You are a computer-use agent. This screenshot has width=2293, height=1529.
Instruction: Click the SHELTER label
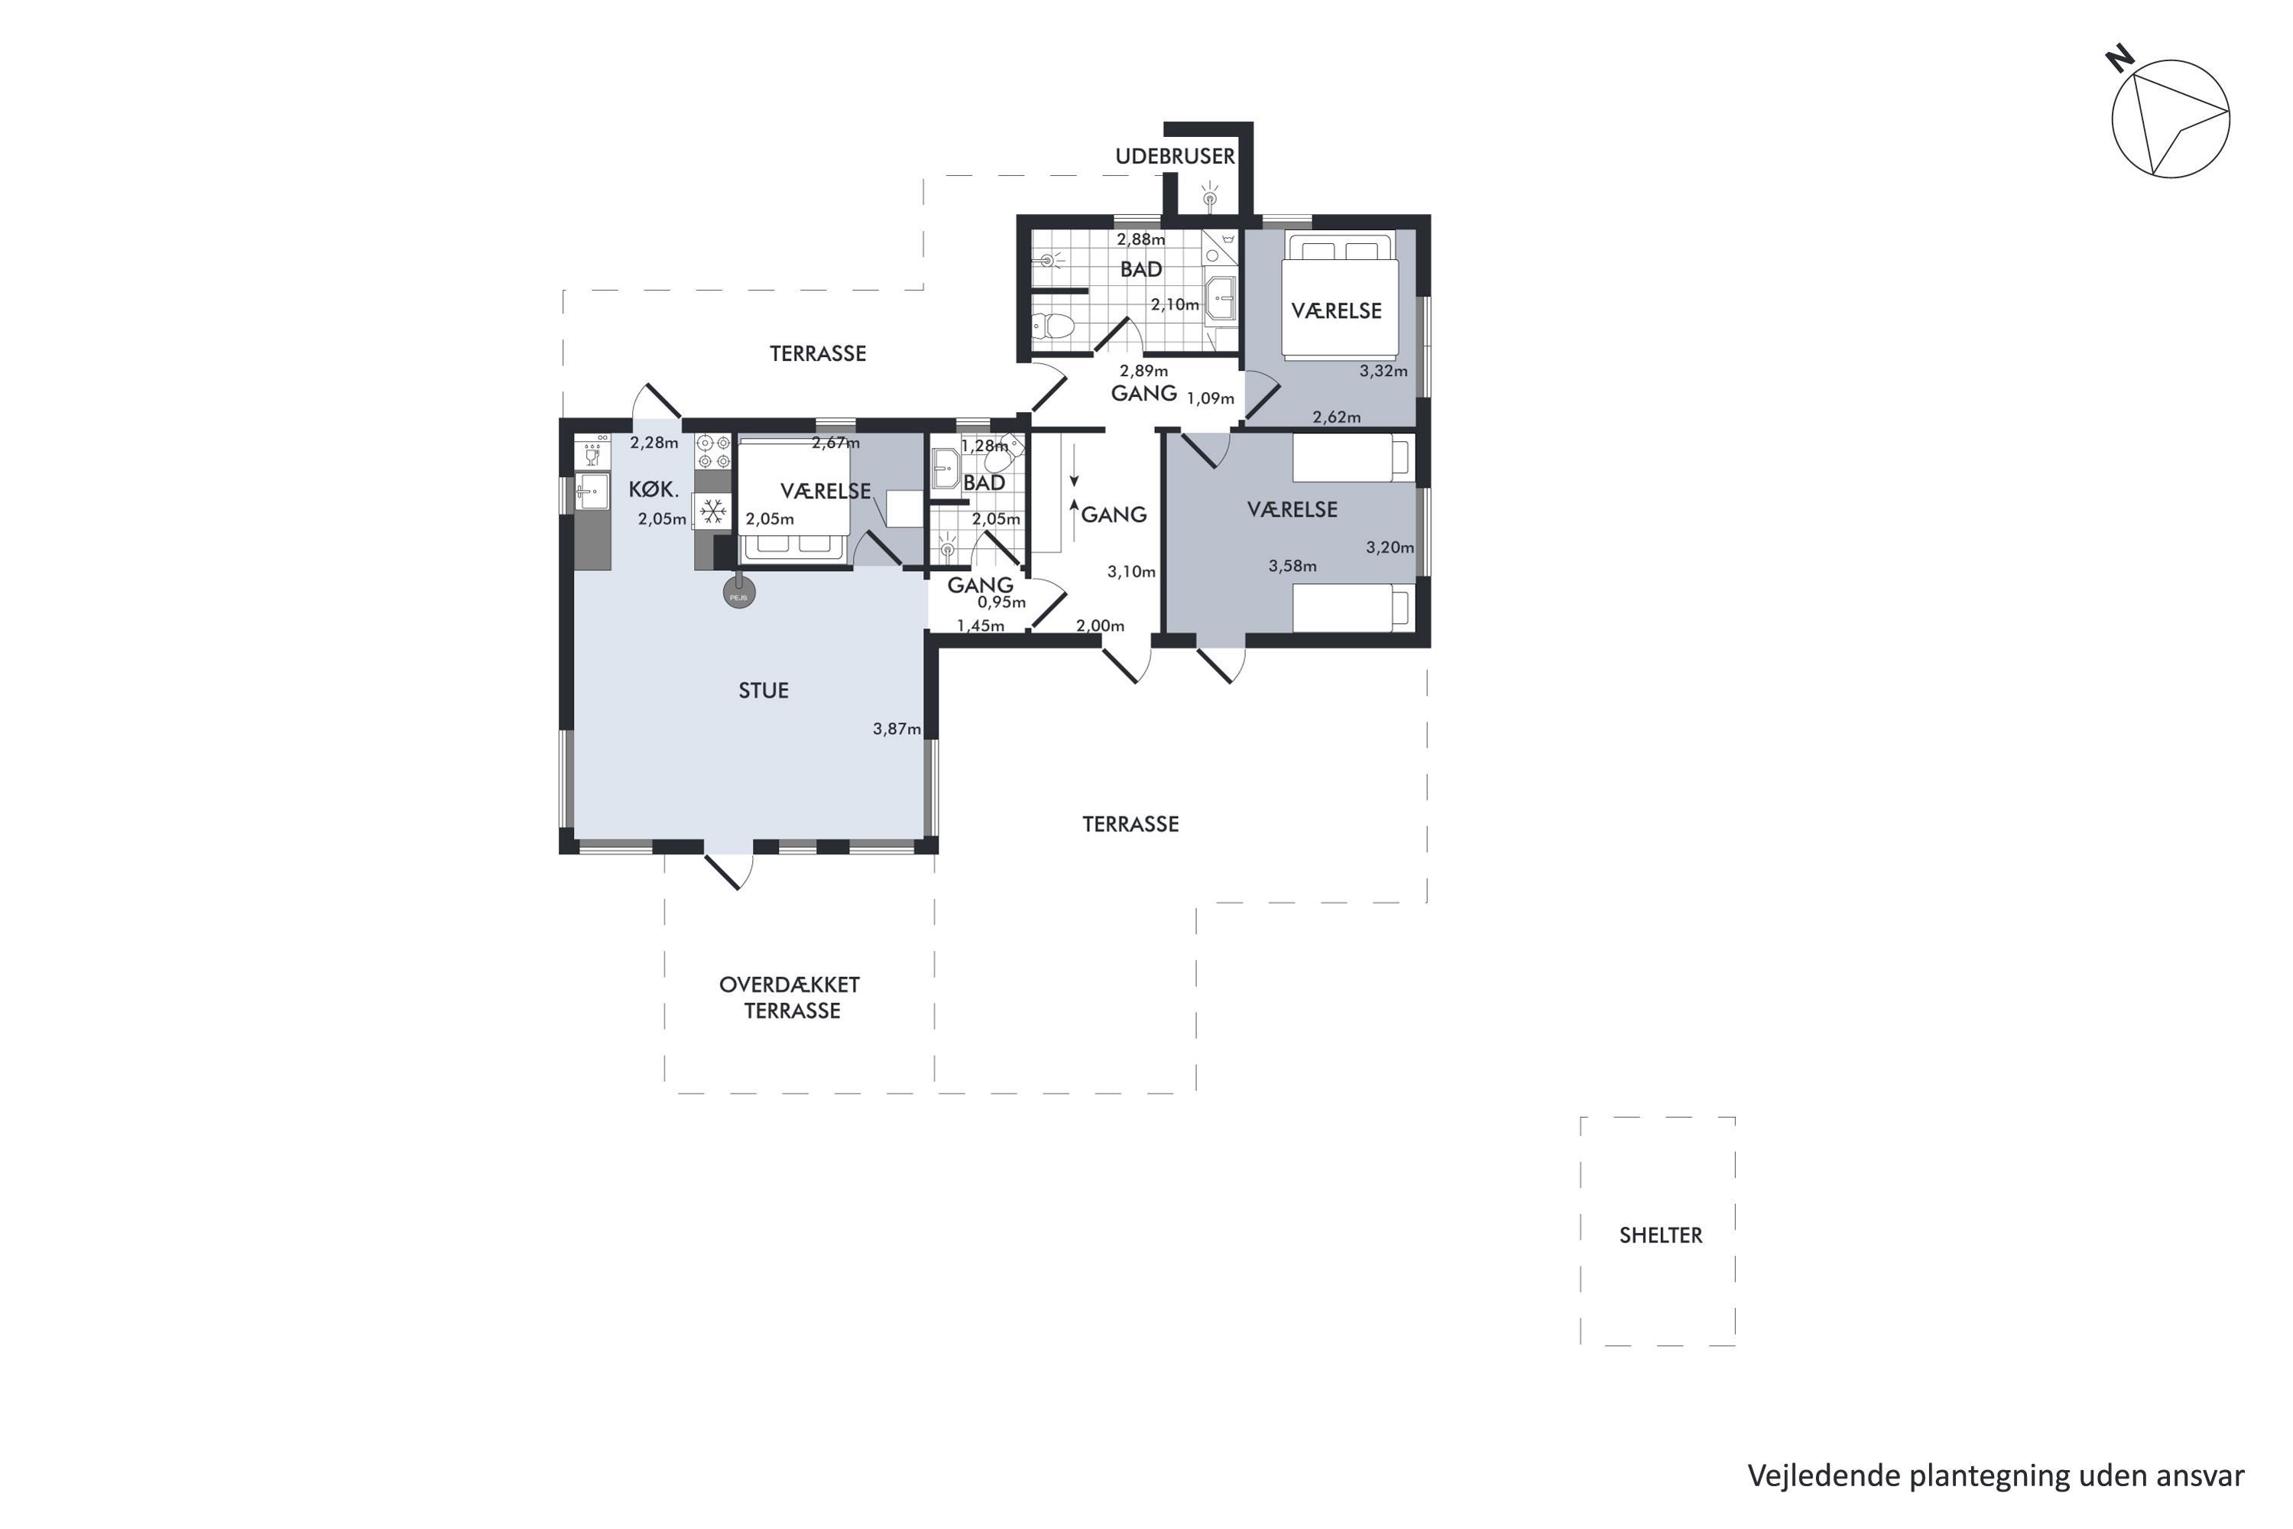point(1660,1235)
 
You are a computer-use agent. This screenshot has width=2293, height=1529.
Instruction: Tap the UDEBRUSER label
point(1175,156)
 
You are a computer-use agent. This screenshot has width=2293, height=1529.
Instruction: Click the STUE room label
point(764,690)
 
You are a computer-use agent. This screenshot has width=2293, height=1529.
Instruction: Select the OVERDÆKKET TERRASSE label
point(790,998)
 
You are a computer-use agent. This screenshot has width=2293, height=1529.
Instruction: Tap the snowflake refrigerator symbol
point(712,511)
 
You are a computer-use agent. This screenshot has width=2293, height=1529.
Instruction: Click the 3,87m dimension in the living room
point(897,729)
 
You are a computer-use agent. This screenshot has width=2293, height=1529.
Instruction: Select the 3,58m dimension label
point(1292,566)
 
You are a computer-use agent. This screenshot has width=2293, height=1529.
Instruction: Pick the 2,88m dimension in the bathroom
point(1140,239)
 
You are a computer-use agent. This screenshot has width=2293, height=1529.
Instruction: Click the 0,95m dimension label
point(1002,602)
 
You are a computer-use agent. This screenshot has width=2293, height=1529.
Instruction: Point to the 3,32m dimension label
point(1383,371)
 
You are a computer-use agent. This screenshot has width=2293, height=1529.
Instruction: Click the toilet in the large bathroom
point(1053,326)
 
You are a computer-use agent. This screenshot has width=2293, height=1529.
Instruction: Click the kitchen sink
point(591,493)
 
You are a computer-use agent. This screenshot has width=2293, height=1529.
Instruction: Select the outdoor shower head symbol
point(1210,196)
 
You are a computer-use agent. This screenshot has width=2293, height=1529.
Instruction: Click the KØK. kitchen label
point(654,489)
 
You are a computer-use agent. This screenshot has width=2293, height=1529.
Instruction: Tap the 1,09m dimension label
point(1210,398)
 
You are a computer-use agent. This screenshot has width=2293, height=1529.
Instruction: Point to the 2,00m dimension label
point(1100,626)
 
